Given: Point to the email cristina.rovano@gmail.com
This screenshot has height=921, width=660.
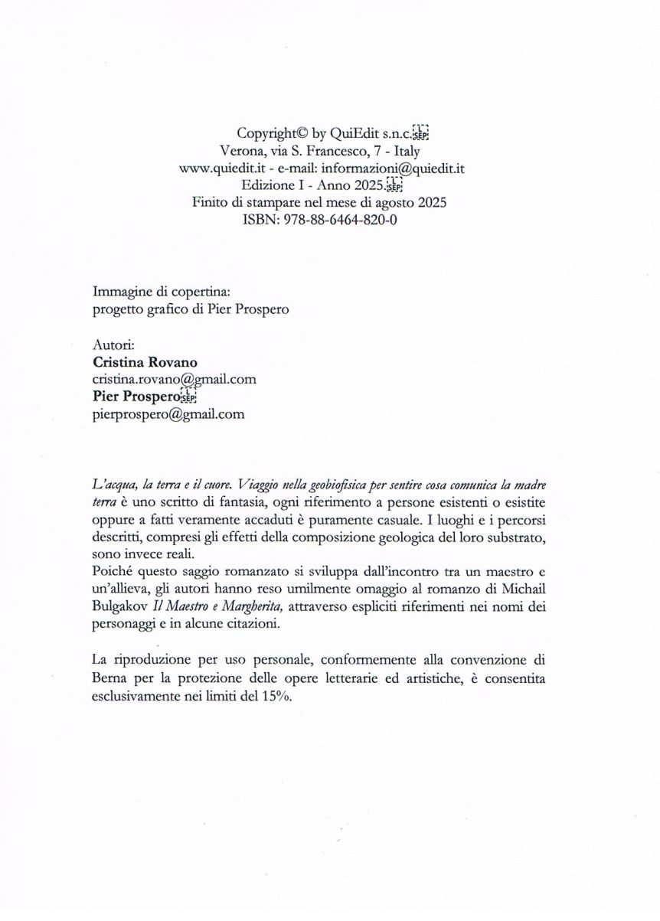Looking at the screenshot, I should [x=174, y=379].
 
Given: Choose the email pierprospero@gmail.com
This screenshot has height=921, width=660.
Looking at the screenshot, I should [x=168, y=414].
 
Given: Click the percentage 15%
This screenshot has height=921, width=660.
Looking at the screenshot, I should [x=276, y=695].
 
